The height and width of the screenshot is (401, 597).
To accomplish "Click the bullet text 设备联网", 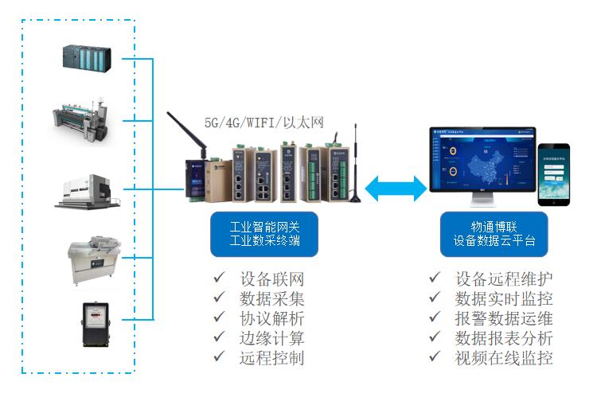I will coord(271,280).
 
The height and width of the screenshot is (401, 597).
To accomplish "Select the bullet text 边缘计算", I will coord(271,338).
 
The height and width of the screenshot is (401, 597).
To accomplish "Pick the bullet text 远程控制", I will coord(271,358).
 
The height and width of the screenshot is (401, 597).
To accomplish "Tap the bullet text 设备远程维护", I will coord(504,280).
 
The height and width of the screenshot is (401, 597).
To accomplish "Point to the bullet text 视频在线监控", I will coord(504,358).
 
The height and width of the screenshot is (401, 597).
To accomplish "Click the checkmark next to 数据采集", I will coord(219,299).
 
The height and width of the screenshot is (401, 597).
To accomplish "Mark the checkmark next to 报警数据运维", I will coord(435,318).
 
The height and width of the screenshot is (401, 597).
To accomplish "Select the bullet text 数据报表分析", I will coord(504,338).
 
